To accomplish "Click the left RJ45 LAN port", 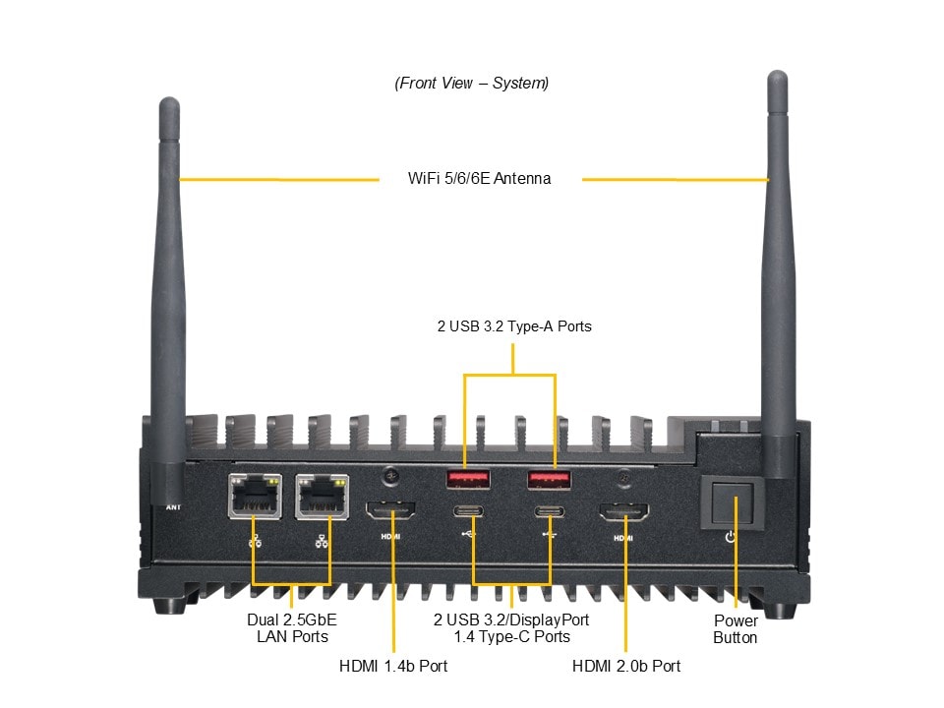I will point(254,498).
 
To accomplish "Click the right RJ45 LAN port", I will point(321,498).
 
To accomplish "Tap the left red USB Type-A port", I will point(469,479).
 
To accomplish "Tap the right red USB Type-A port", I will point(550,479).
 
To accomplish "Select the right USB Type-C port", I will point(550,511).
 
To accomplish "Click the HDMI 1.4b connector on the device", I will point(391,511).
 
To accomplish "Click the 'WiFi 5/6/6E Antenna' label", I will point(479,179).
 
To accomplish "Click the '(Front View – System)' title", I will point(472,83).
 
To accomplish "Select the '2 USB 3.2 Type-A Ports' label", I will point(514,325).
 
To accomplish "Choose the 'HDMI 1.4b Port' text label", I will point(393,666).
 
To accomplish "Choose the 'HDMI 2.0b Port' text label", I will point(626,666).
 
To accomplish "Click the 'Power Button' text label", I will point(735,629).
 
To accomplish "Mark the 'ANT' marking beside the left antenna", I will point(173,507).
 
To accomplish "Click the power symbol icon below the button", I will point(729,537).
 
